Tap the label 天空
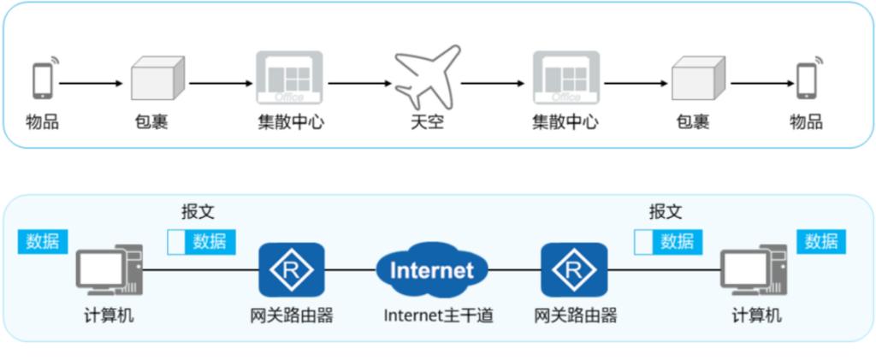click(426, 122)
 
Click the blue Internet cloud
click(432, 269)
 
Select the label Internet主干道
click(438, 316)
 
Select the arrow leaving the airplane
click(493, 83)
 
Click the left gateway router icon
click(292, 269)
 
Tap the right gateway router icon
click(574, 269)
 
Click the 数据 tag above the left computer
click(43, 241)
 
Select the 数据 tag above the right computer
click(821, 241)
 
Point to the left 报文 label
click(198, 210)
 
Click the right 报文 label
click(666, 210)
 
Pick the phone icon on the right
click(806, 80)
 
